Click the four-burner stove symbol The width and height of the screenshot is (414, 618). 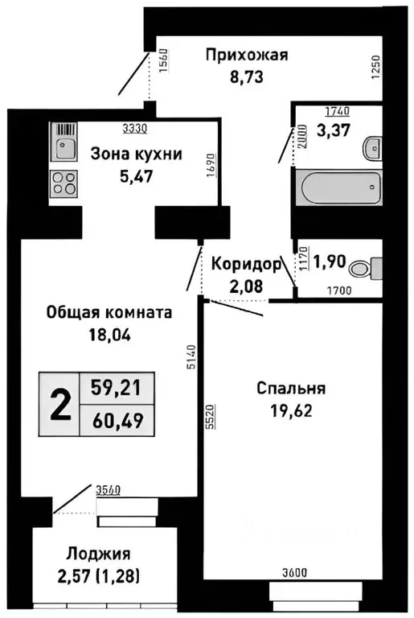[x=64, y=184]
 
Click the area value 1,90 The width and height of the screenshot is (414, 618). [x=329, y=262]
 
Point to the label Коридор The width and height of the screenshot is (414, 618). [x=246, y=263]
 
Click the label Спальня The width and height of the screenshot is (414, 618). [x=290, y=389]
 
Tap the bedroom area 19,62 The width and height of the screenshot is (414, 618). [x=290, y=412]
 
